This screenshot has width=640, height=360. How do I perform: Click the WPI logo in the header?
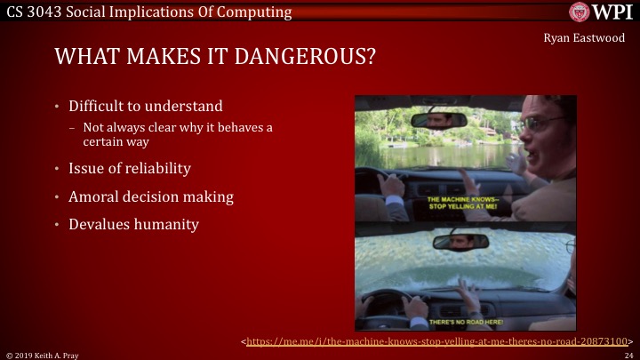click(601, 12)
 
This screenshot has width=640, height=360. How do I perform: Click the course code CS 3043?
click(34, 12)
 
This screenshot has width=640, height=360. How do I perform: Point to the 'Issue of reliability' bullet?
click(130, 169)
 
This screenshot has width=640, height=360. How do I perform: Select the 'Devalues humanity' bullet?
click(133, 224)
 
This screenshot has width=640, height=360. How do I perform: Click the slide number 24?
click(628, 354)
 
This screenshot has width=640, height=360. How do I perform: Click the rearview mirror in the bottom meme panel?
click(460, 240)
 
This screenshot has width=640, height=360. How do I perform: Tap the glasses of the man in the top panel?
click(544, 124)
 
